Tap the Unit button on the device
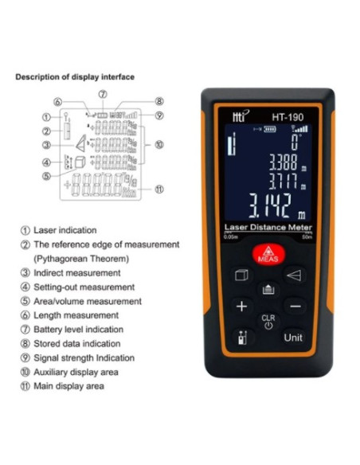pyautogui.click(x=293, y=337)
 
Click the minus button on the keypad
pyautogui.click(x=294, y=307)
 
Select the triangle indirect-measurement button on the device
pyautogui.click(x=294, y=275)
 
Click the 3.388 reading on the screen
pyautogui.click(x=281, y=161)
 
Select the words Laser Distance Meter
pyautogui.click(x=268, y=228)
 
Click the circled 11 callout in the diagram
pyautogui.click(x=159, y=190)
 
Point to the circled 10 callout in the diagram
pyautogui.click(x=159, y=145)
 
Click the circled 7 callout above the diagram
pyautogui.click(x=103, y=94)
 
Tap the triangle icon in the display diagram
pyautogui.click(x=80, y=144)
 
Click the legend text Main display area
pyautogui.click(x=68, y=387)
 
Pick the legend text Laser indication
pyautogui.click(x=65, y=230)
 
